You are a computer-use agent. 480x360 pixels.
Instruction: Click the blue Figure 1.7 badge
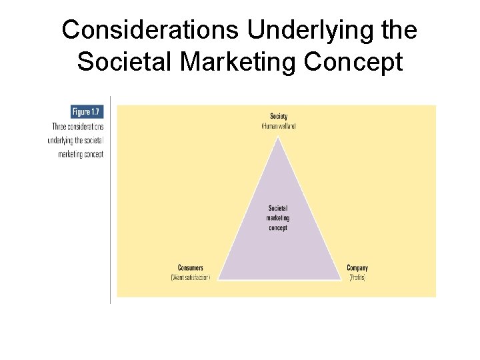click(x=87, y=113)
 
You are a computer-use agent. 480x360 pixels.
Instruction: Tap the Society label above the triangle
click(x=279, y=117)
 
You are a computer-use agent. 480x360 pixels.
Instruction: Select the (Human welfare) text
click(x=279, y=126)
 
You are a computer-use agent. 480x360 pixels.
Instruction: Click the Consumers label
click(x=191, y=268)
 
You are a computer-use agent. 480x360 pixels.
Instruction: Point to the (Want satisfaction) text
click(x=191, y=277)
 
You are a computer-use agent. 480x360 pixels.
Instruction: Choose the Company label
click(x=357, y=268)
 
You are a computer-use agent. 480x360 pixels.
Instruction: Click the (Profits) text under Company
click(x=357, y=277)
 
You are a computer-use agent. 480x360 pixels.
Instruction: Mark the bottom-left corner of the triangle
click(x=219, y=279)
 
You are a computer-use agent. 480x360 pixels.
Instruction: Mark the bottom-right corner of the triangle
click(x=340, y=279)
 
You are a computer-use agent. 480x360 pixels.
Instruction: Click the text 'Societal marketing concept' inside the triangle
click(x=278, y=218)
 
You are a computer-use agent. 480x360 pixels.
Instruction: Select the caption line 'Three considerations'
click(x=78, y=127)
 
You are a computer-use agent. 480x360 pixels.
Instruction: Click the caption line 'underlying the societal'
click(x=76, y=140)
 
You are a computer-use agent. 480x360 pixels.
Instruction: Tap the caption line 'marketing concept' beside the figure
click(x=80, y=154)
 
